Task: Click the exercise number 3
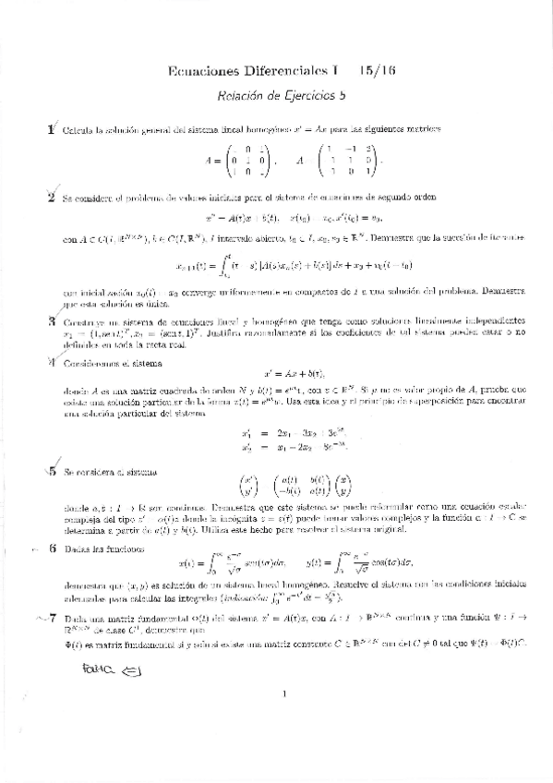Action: (53, 320)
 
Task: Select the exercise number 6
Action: (52, 547)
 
